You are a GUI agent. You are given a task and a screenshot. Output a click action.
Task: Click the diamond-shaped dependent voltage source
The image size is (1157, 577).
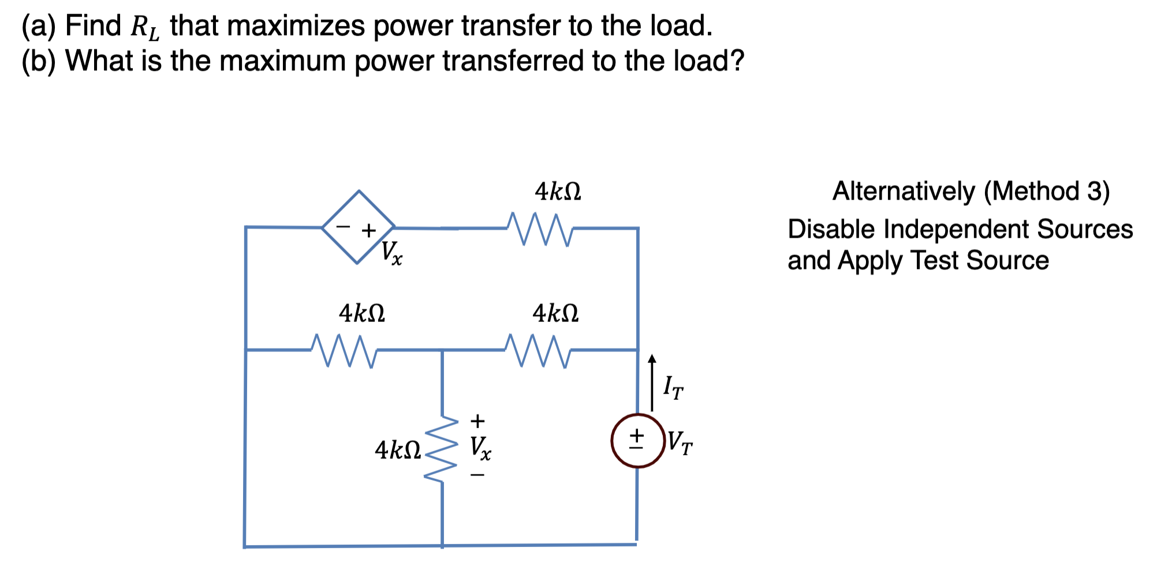[x=359, y=227]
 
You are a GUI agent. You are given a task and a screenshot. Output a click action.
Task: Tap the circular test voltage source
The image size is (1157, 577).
[x=637, y=441]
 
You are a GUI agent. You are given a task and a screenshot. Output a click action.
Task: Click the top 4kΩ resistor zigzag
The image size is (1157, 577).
[x=540, y=229]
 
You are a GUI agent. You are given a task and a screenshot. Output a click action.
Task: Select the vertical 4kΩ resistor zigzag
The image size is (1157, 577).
[x=442, y=449]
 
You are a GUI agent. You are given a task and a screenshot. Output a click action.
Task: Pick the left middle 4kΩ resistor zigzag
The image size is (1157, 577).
[x=344, y=350]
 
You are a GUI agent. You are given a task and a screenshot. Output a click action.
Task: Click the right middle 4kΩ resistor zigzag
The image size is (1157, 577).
[x=538, y=350]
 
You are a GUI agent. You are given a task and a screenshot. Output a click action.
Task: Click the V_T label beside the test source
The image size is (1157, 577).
[x=680, y=443]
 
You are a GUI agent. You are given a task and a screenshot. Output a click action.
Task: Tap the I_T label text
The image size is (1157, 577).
[x=673, y=387]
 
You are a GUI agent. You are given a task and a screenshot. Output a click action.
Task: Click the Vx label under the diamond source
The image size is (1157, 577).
[x=392, y=253]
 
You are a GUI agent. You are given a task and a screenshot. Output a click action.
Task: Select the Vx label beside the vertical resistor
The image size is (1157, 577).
[x=480, y=448]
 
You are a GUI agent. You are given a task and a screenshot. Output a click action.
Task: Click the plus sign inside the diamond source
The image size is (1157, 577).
[x=368, y=231]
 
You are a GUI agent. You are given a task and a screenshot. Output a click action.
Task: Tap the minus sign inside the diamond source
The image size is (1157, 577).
[x=344, y=227]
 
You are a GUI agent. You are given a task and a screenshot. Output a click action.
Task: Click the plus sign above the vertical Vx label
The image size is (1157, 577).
[x=477, y=420]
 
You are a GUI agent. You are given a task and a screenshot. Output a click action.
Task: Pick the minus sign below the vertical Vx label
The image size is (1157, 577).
[x=477, y=475]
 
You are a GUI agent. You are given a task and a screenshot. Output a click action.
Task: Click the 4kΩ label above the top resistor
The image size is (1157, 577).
[x=558, y=192]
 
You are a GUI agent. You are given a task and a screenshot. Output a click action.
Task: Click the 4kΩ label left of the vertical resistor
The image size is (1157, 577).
[x=398, y=450]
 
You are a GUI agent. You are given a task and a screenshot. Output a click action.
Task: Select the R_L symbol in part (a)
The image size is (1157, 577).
[x=144, y=28]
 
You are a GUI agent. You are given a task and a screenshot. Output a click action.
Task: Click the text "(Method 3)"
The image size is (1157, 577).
[x=1046, y=192]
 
